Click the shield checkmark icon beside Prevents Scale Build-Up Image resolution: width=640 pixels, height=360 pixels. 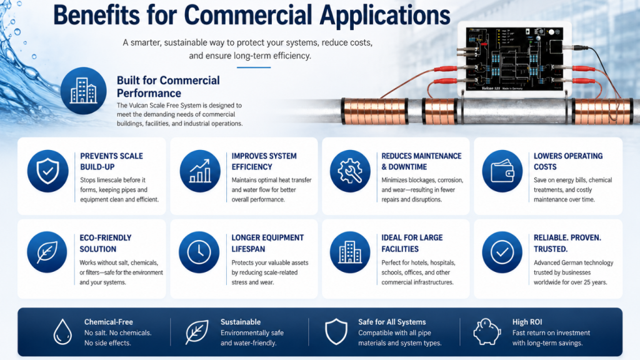(x=47, y=171)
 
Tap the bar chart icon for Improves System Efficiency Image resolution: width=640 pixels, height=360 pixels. (x=199, y=171)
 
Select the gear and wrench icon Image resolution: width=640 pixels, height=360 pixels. (x=350, y=171)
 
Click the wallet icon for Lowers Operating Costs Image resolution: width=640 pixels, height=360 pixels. (x=502, y=171)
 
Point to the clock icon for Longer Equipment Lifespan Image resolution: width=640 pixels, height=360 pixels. (x=199, y=252)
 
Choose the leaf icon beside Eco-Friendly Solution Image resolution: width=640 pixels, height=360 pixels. (x=47, y=252)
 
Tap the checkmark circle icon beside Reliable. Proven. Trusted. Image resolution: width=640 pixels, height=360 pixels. (x=502, y=252)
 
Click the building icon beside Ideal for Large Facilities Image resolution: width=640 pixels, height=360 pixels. (x=350, y=252)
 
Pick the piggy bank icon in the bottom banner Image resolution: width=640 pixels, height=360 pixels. (x=487, y=331)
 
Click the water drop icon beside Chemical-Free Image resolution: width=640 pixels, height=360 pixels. (x=62, y=331)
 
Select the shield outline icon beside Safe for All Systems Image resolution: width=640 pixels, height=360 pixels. (x=336, y=331)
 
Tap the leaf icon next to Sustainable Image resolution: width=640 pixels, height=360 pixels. (x=197, y=331)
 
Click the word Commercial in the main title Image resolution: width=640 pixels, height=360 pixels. (x=248, y=16)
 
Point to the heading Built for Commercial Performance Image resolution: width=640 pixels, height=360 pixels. (x=168, y=86)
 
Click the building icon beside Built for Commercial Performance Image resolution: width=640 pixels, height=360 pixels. (x=84, y=91)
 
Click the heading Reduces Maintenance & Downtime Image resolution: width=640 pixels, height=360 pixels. (x=421, y=161)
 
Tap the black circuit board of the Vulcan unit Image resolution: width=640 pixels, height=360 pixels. (x=515, y=59)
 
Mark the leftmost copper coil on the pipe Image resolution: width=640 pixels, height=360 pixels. (x=375, y=111)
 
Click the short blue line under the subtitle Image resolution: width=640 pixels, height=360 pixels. (x=254, y=67)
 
